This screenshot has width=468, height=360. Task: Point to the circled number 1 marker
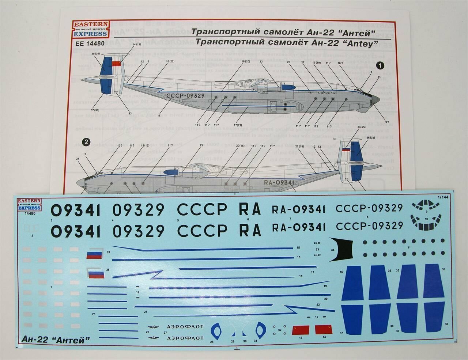[381, 65]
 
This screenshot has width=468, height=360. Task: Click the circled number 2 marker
[86, 142]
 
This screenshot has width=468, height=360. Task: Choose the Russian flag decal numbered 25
[96, 273]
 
